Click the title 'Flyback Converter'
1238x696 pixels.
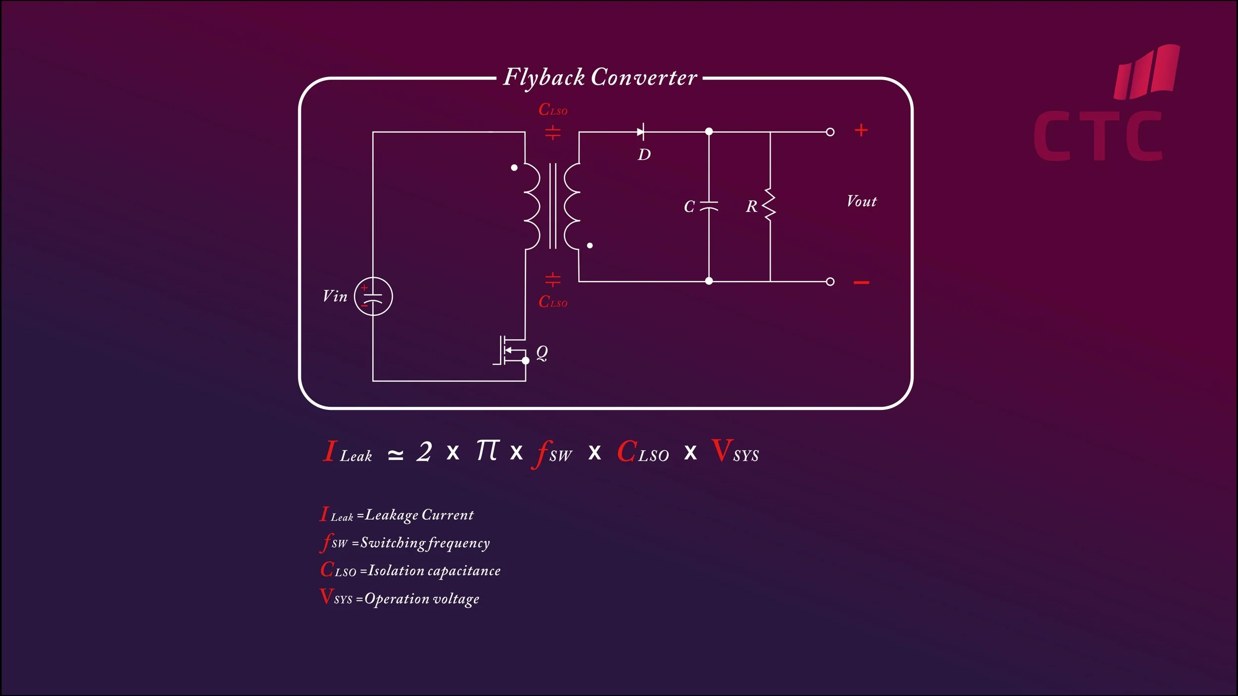pos(600,78)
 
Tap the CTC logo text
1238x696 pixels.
pos(1098,136)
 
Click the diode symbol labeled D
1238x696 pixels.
pos(641,132)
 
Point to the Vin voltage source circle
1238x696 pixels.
pos(373,297)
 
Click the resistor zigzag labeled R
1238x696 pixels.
pos(770,204)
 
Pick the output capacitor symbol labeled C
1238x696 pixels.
pos(709,206)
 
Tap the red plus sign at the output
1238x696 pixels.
pos(861,130)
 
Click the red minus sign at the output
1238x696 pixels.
pos(861,283)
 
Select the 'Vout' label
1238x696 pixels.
pos(861,201)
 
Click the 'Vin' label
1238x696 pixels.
pos(335,297)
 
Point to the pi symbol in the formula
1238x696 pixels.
pos(487,450)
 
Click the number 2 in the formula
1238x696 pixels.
pos(424,451)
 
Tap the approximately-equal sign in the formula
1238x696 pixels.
pos(395,454)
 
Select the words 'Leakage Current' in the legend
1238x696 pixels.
pos(419,515)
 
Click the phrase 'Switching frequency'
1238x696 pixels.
pos(425,543)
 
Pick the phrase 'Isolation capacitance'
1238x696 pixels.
pos(434,571)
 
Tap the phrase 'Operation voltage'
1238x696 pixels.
pos(421,599)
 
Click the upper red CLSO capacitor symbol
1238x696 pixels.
pos(553,132)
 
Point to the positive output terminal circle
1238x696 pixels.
pos(830,132)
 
